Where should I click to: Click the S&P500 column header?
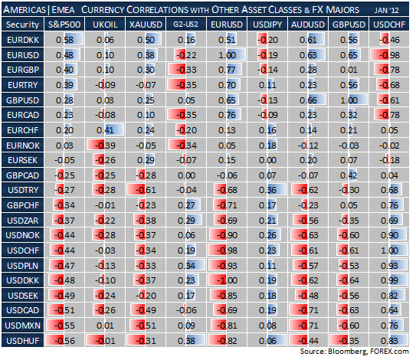coord(64,25)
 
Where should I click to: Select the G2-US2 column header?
coord(186,25)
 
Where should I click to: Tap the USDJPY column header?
coord(267,25)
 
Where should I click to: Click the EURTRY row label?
coord(22,85)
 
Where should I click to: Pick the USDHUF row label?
coord(22,341)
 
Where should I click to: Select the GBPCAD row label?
coord(22,175)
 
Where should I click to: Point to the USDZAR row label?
coord(22,221)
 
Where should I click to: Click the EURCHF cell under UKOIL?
coord(105,130)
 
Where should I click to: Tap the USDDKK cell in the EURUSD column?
coord(227,280)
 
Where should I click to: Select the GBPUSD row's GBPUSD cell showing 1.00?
coord(349,100)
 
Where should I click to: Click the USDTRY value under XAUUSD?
coord(146,190)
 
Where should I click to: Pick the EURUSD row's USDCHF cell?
coord(389,55)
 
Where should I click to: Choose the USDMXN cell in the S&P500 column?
coord(64,326)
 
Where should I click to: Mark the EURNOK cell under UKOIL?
coord(105,146)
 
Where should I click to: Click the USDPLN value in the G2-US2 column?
coord(186,266)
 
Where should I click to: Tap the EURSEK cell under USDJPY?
coord(267,160)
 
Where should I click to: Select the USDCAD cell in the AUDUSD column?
coord(308,310)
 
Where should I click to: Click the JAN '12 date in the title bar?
coord(387,11)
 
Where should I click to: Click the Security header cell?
coord(22,25)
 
